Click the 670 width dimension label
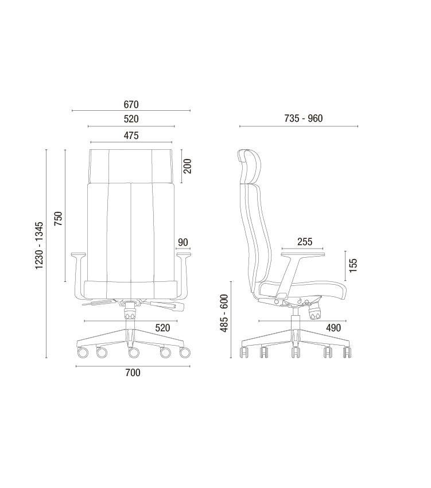[131, 104]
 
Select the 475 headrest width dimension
[131, 135]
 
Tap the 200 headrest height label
[187, 166]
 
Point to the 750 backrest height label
[58, 219]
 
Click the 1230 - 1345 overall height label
[39, 246]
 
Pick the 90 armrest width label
[183, 242]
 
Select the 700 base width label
[133, 373]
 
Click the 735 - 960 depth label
[304, 118]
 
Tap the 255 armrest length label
[305, 242]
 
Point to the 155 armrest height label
[353, 265]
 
